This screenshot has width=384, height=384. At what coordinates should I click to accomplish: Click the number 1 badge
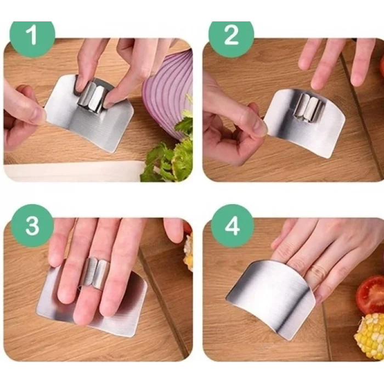click(x=32, y=36)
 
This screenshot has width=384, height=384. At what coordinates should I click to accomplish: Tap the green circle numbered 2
click(x=231, y=36)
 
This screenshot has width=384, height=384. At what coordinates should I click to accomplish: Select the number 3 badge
click(x=32, y=225)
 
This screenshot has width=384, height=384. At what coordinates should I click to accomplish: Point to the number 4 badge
click(x=232, y=226)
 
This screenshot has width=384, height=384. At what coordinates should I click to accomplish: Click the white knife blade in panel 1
click(x=74, y=171)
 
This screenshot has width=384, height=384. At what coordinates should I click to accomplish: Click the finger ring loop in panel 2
click(x=309, y=108)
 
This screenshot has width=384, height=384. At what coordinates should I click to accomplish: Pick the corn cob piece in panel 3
click(x=188, y=252)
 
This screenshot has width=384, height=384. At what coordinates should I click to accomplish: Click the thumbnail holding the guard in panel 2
click(x=259, y=127)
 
